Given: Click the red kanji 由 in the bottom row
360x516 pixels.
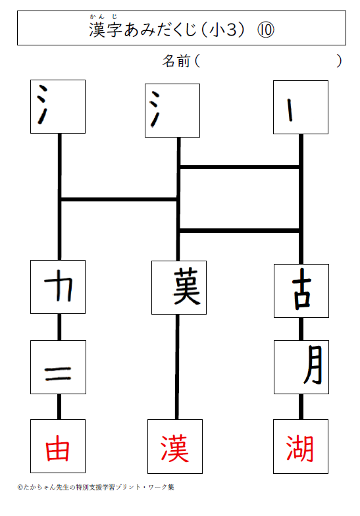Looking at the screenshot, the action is point(58,448).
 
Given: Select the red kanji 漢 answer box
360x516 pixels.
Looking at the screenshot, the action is point(175,446).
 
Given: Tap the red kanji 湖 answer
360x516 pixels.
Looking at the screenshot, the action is point(299,449).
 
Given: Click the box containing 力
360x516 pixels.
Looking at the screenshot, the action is point(58,287).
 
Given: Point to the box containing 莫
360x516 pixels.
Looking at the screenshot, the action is point(179,288).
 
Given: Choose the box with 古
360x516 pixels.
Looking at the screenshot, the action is point(301,291).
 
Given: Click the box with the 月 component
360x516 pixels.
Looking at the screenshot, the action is point(301,367).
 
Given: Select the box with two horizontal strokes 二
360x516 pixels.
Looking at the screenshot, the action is point(58,367).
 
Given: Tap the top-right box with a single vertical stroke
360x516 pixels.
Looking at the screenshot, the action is point(301,107).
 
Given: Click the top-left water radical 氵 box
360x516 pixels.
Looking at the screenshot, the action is point(58,107).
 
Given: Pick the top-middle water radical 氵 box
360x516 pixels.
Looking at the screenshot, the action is point(172,111).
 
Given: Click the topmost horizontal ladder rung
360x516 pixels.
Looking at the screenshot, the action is point(240,167).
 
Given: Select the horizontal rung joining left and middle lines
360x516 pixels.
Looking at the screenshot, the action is point(119,199).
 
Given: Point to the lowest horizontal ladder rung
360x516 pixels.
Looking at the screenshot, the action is point(240,230).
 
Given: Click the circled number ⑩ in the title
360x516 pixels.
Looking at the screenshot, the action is point(266,30).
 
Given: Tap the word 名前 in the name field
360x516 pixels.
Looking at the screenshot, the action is point(176,61).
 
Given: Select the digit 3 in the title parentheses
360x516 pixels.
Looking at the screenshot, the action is point(232,30).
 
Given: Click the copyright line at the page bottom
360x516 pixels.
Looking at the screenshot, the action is point(96,487).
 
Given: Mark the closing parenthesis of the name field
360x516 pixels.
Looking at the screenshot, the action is point(339,61).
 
